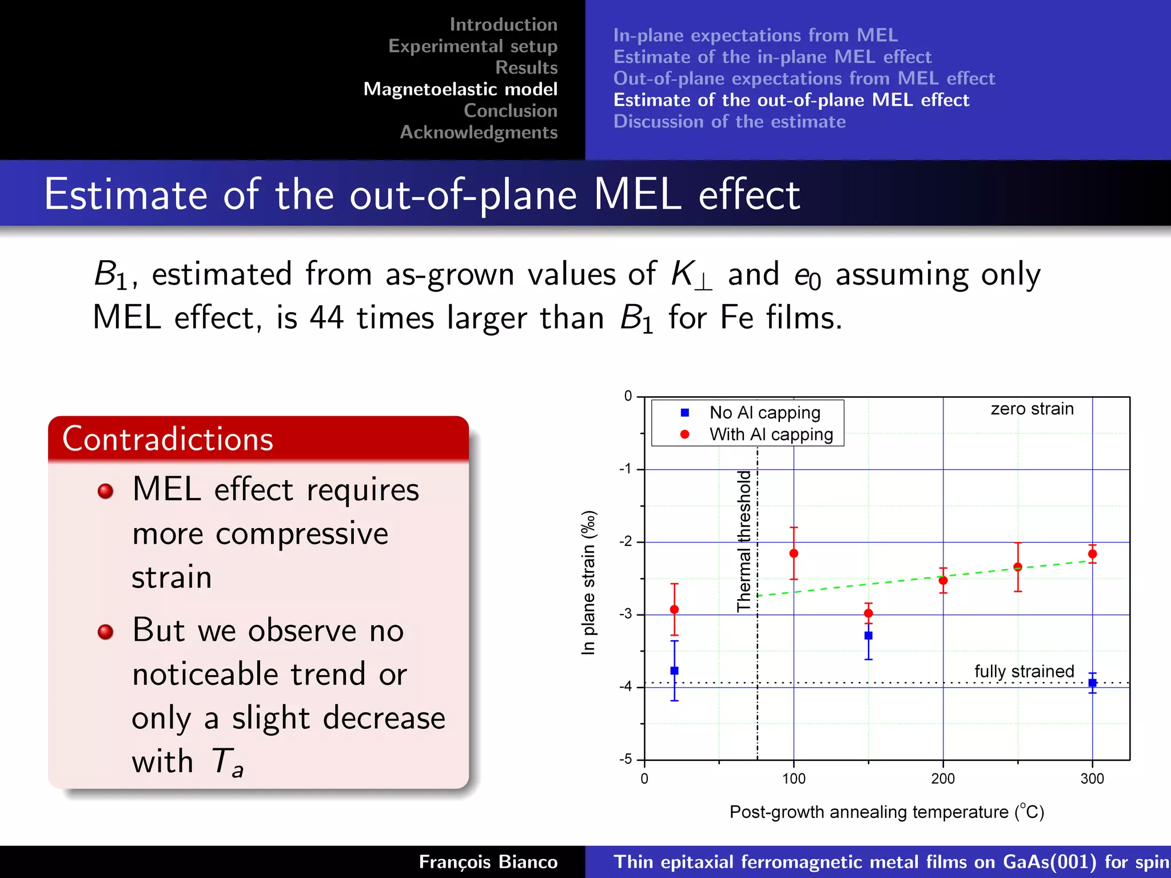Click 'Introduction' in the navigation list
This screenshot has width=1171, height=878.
pyautogui.click(x=503, y=25)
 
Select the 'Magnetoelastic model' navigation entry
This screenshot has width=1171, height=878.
pyautogui.click(x=460, y=89)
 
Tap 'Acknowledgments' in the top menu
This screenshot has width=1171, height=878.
pyautogui.click(x=479, y=132)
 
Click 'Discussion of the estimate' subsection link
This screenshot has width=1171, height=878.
pyautogui.click(x=729, y=122)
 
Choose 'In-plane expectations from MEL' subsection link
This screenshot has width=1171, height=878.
pyautogui.click(x=755, y=35)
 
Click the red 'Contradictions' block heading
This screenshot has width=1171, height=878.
pyautogui.click(x=168, y=439)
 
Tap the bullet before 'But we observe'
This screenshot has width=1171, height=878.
pyautogui.click(x=105, y=632)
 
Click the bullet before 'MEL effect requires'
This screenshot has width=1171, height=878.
pyautogui.click(x=105, y=491)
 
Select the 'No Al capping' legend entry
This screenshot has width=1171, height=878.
pyautogui.click(x=764, y=413)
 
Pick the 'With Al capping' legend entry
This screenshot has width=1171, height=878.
pyautogui.click(x=771, y=434)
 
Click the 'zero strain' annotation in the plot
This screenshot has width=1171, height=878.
pyautogui.click(x=1032, y=409)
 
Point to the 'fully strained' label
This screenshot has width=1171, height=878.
pyautogui.click(x=1024, y=671)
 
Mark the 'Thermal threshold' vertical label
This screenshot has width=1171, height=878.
pyautogui.click(x=743, y=541)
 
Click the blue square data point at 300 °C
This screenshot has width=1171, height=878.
pyautogui.click(x=1092, y=683)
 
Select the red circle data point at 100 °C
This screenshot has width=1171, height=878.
pyautogui.click(x=794, y=553)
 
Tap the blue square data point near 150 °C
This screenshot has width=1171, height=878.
pyautogui.click(x=868, y=636)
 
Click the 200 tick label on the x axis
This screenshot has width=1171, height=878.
pyautogui.click(x=943, y=779)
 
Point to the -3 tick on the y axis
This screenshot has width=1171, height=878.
pyautogui.click(x=626, y=614)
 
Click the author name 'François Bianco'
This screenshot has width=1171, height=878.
pyautogui.click(x=488, y=862)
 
